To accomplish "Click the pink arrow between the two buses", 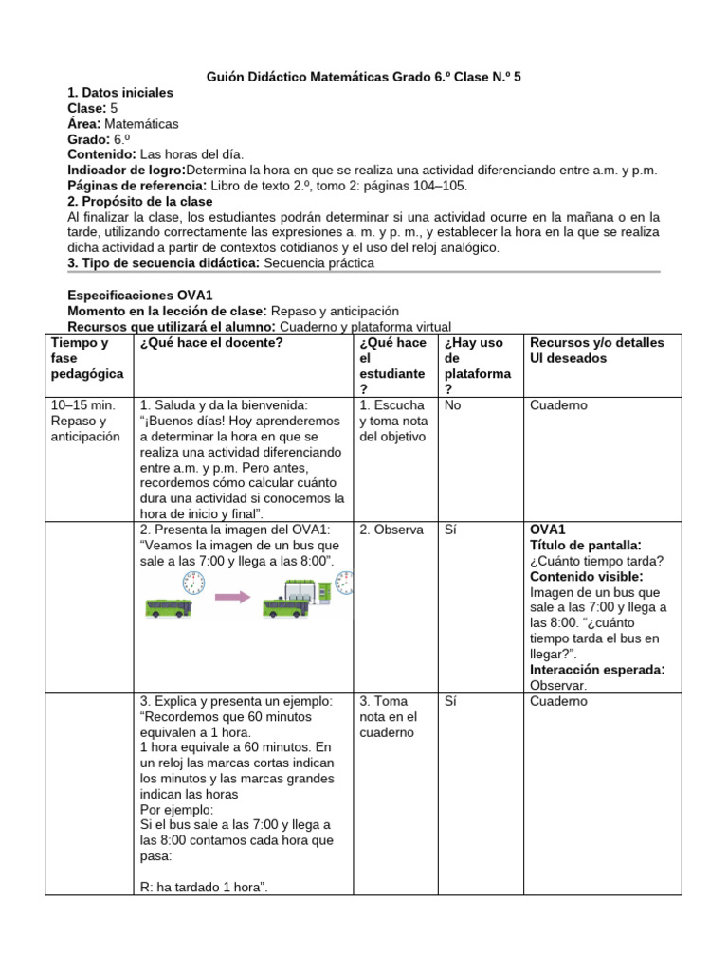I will click(x=233, y=597).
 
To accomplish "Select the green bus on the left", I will click(x=168, y=607).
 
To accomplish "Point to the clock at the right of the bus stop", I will click(x=347, y=583).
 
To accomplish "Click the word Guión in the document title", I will click(x=227, y=76).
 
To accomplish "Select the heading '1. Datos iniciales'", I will click(x=120, y=93).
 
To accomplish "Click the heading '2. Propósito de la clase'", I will click(x=141, y=202).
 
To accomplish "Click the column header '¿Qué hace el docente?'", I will click(x=211, y=342).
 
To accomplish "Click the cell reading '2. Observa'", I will click(x=391, y=530).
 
